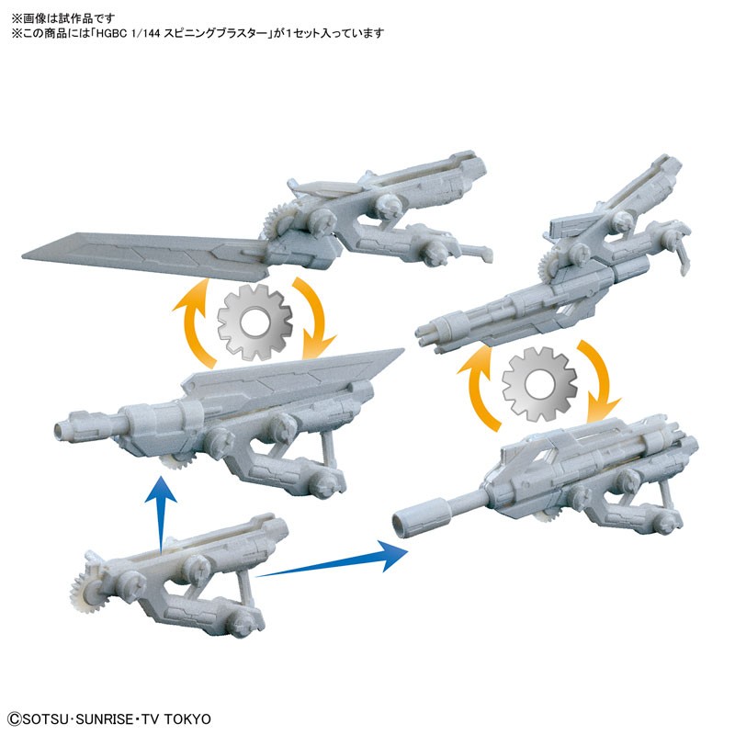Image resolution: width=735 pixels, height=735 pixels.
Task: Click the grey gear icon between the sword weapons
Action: click(254, 322)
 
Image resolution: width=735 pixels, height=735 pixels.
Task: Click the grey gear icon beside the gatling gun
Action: click(539, 384)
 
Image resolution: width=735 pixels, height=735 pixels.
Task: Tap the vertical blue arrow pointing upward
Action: click(161, 514)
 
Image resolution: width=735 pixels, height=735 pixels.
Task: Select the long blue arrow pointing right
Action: click(332, 560)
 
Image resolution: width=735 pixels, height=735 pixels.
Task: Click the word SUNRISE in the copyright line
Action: click(105, 719)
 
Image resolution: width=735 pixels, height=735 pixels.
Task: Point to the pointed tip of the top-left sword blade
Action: click(23, 256)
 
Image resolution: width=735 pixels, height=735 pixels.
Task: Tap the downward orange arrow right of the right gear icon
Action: click(600, 379)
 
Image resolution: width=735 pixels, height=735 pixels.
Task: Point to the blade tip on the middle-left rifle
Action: click(403, 349)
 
